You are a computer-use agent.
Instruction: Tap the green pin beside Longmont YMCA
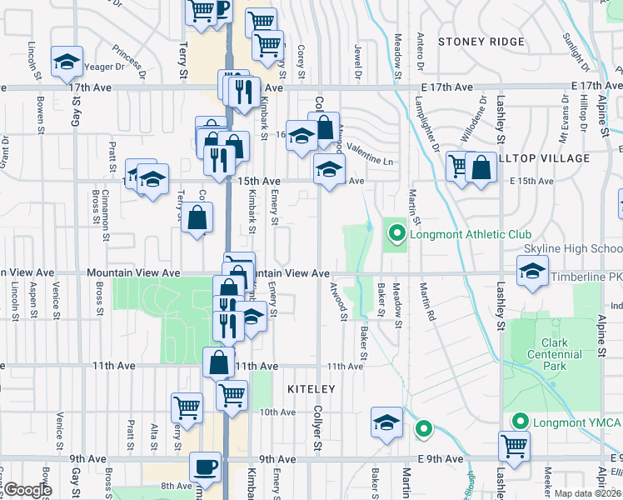(x=521, y=422)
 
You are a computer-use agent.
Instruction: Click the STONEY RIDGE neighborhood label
(x=481, y=42)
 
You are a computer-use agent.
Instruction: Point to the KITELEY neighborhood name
(x=311, y=389)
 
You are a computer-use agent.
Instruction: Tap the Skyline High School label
(x=572, y=249)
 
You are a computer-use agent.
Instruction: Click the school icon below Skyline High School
(x=532, y=271)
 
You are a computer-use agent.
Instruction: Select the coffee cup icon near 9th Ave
(x=206, y=466)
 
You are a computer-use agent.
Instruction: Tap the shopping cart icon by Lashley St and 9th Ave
(x=514, y=446)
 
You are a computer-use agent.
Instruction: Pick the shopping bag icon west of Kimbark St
(x=197, y=218)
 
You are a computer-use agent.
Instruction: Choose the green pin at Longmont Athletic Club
(x=397, y=234)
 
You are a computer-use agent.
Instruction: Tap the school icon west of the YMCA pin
(x=386, y=422)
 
